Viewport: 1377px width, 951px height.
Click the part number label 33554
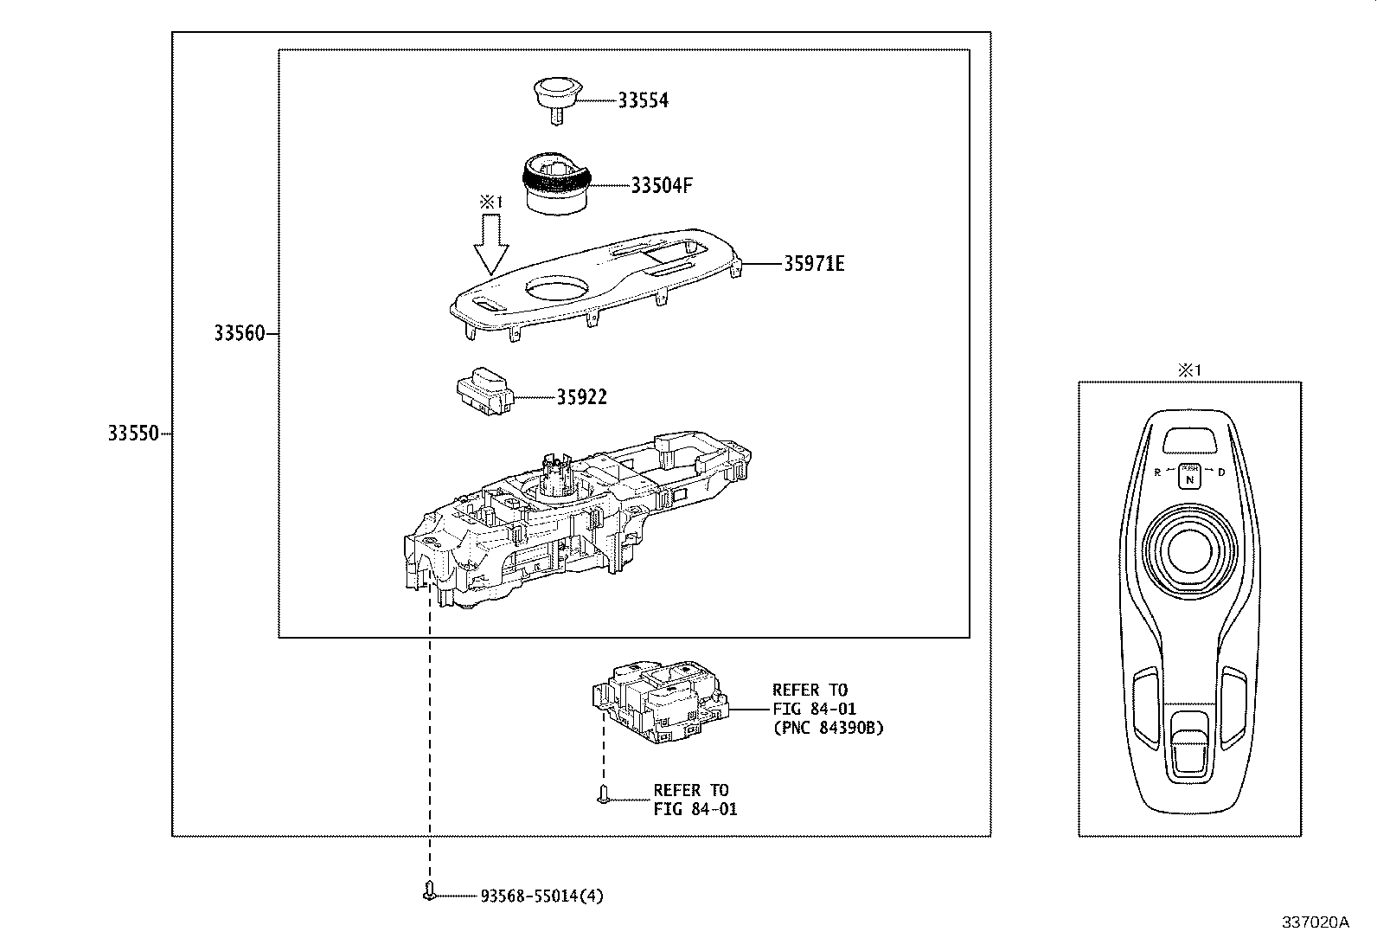[x=643, y=100]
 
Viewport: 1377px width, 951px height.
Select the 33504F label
[x=662, y=186]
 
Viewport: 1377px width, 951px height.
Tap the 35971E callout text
[x=814, y=264]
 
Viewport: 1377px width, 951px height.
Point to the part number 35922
[x=581, y=397]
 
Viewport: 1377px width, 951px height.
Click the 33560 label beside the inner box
[x=240, y=333]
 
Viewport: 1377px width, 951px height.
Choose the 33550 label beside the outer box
[x=133, y=434]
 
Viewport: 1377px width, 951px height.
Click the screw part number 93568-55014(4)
[x=541, y=896]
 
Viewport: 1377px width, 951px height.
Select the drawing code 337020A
[x=1315, y=922]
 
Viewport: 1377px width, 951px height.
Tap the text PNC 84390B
[x=828, y=729]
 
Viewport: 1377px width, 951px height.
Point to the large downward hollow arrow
[x=490, y=244]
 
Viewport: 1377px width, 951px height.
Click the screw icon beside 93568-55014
[x=429, y=891]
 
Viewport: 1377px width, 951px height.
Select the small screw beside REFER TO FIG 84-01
[x=604, y=793]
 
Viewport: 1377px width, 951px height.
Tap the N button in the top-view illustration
[x=1190, y=478]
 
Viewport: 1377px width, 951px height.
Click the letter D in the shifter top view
[x=1221, y=472]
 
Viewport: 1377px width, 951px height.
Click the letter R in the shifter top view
[x=1157, y=472]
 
